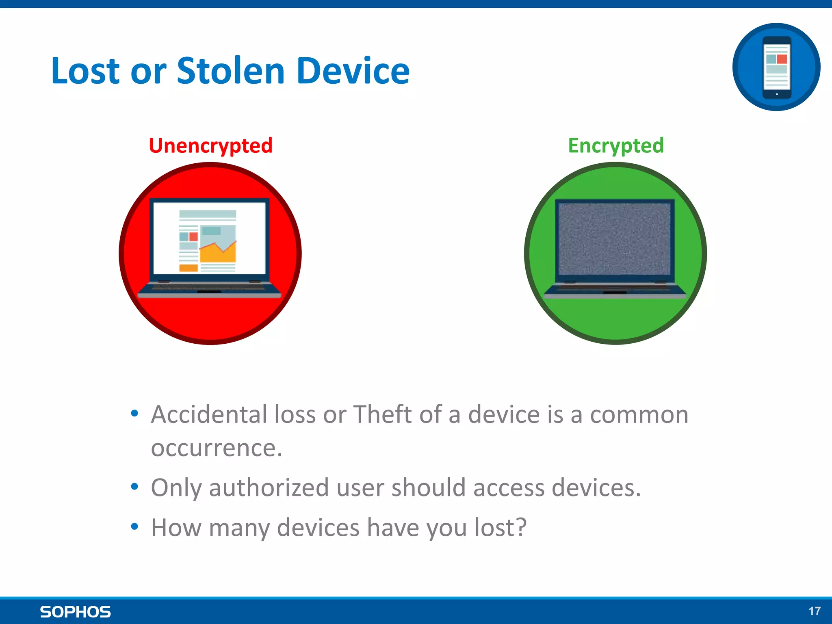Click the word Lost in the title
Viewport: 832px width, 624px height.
click(x=85, y=71)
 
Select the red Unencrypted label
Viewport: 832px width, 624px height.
click(x=210, y=145)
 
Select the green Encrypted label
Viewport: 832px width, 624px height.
click(x=616, y=145)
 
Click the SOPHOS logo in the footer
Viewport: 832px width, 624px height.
click(x=75, y=612)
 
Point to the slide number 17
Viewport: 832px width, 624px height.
click(x=814, y=611)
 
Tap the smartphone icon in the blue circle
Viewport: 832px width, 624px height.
click(x=776, y=67)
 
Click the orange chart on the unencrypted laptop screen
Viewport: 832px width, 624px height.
click(x=218, y=253)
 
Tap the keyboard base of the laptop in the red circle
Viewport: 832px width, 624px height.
click(x=210, y=289)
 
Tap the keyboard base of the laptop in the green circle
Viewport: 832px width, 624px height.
click(x=615, y=290)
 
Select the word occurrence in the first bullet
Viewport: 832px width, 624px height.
click(x=217, y=448)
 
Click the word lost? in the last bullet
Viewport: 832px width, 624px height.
click(x=500, y=527)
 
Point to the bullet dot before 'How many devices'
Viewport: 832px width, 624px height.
click(x=134, y=527)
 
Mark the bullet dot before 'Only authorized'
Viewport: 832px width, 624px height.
click(x=134, y=487)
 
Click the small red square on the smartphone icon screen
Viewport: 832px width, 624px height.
click(x=782, y=59)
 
